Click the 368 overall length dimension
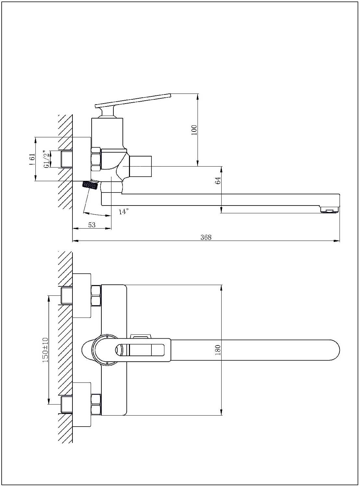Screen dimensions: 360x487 206,237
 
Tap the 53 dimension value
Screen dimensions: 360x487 92,225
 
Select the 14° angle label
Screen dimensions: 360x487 123,212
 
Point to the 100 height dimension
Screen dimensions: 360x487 194,130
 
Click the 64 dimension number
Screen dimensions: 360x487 218,181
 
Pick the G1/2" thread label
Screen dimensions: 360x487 47,159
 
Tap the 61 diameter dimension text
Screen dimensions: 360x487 32,160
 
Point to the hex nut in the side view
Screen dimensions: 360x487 96,159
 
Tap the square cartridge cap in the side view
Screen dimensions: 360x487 140,166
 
